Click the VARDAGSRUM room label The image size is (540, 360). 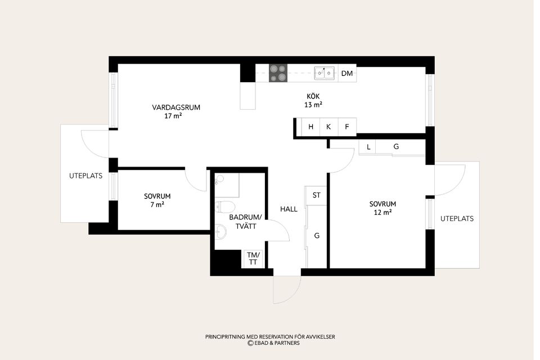(x=176, y=107)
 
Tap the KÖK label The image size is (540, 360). (x=313, y=96)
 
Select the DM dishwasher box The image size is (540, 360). (x=347, y=73)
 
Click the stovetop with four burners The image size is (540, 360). (x=278, y=73)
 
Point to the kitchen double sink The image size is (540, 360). (x=325, y=73)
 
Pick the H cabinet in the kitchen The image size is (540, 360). (x=310, y=127)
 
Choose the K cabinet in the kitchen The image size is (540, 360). (x=329, y=127)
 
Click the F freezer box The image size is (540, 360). (x=347, y=127)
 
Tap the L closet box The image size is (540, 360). (x=367, y=147)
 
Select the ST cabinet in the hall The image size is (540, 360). (x=316, y=195)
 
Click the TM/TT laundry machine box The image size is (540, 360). (x=253, y=259)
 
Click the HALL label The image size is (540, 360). (x=289, y=209)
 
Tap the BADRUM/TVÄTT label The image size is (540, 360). (x=246, y=222)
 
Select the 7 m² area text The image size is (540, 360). (x=157, y=205)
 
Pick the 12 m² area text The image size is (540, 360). (x=382, y=213)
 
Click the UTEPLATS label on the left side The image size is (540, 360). (x=85, y=175)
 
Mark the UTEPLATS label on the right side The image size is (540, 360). (x=457, y=218)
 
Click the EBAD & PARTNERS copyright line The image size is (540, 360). (x=273, y=343)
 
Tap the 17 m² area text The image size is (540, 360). (x=173, y=116)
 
